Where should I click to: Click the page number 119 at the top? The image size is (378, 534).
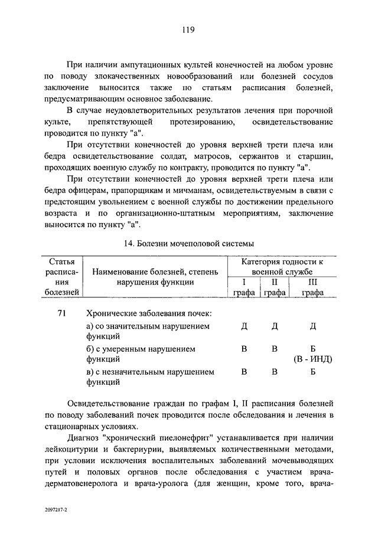click(189, 29)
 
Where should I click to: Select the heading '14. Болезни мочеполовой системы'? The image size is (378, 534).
click(189, 243)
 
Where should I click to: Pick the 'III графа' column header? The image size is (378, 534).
click(312, 287)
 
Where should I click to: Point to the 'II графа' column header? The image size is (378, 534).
click(274, 287)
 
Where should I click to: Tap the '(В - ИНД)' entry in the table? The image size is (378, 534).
click(313, 359)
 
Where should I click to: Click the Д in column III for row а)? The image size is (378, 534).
click(313, 326)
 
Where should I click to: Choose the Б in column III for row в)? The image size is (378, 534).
click(313, 372)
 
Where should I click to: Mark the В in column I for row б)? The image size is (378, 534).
click(244, 349)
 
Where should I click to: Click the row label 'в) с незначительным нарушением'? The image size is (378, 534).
click(150, 372)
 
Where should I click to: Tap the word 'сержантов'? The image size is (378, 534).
click(254, 156)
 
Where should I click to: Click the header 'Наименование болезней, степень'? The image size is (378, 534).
click(155, 271)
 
